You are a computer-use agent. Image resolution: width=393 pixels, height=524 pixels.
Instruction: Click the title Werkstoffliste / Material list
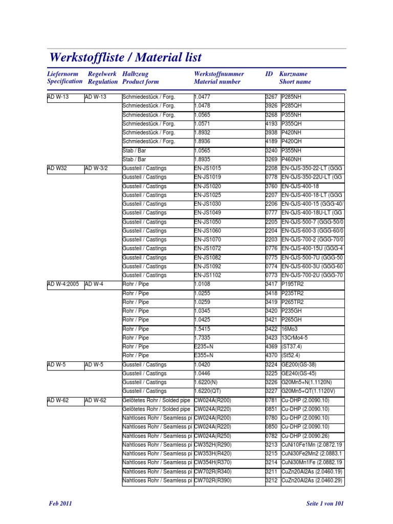125,57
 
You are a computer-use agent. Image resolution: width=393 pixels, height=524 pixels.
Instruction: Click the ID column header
269,74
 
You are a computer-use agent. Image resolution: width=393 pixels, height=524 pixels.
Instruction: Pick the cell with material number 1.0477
203,97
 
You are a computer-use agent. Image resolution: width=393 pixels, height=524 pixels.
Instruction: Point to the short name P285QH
292,106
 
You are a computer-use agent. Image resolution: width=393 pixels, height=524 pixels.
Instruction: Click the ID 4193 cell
271,124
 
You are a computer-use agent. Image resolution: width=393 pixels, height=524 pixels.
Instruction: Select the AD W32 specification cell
57,168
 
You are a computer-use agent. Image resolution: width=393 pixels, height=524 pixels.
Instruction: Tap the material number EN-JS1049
208,213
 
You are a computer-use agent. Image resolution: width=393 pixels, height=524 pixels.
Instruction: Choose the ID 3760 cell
271,186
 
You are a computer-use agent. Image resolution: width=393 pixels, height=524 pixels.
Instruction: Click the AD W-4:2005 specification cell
63,284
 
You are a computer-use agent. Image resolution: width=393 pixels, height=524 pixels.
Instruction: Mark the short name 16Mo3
290,329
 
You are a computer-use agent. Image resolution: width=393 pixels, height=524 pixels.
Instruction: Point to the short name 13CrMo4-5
295,338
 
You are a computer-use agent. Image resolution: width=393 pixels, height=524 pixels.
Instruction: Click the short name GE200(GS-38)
299,365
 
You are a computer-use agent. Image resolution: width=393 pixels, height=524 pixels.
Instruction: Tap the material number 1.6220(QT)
208,391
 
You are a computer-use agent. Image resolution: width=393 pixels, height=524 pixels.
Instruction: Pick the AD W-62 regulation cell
96,400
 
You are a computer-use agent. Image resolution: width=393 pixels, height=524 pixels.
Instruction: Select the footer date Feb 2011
60,504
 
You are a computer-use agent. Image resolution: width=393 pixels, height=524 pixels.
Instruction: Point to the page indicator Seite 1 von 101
325,504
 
